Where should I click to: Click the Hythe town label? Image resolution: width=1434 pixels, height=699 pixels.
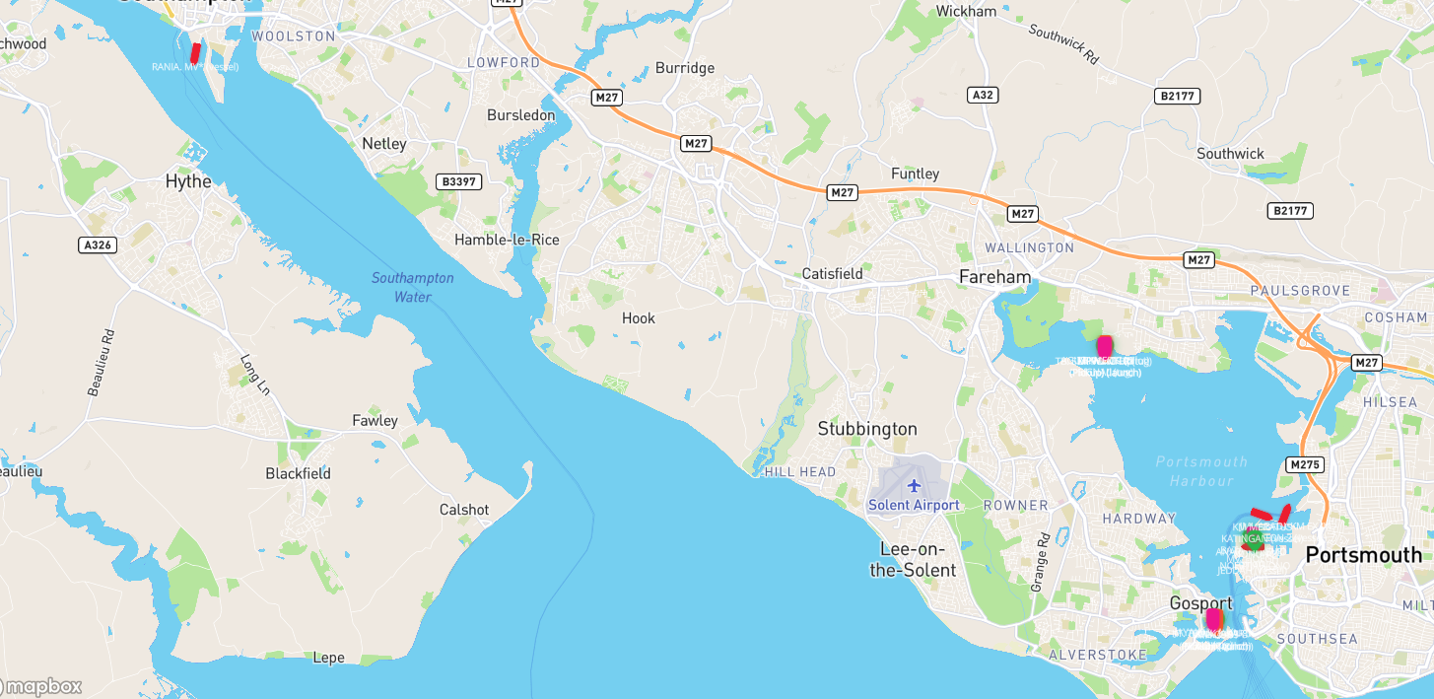188,181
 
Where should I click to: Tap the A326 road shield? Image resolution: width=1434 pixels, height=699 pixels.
96,245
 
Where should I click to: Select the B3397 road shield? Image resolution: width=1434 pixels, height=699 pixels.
458,181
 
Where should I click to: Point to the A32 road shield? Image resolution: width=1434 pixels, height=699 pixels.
983,95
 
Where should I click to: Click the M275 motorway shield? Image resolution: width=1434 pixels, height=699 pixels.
1305,464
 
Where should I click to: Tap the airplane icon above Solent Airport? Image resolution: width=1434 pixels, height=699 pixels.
914,485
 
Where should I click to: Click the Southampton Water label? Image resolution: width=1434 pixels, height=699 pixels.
412,287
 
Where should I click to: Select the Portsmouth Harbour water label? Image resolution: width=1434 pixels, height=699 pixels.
1201,471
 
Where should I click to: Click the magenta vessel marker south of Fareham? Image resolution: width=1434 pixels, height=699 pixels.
1105,346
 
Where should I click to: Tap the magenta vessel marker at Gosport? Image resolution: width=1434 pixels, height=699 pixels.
1213,619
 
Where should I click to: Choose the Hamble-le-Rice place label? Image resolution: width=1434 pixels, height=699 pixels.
507,240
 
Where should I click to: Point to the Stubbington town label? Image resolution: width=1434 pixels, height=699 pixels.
867,429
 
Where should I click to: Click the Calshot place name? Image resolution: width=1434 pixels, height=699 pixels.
464,510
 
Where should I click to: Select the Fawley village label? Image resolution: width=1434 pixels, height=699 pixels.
376,421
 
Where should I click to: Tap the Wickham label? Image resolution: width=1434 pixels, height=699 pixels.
966,11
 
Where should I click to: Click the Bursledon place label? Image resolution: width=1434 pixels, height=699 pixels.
520,115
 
